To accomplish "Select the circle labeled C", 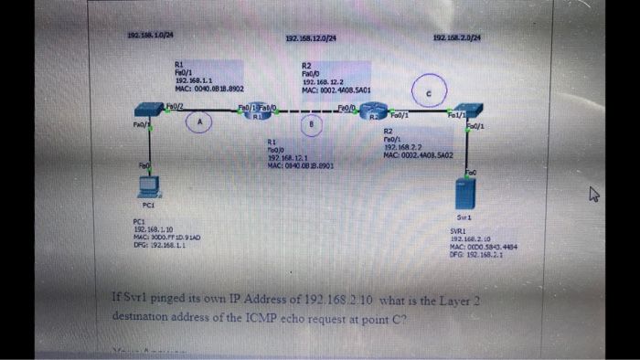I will [x=431, y=90].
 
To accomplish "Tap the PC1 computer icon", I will [x=146, y=187].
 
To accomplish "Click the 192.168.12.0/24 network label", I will [x=311, y=37].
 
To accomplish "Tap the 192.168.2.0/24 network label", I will [x=459, y=37].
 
